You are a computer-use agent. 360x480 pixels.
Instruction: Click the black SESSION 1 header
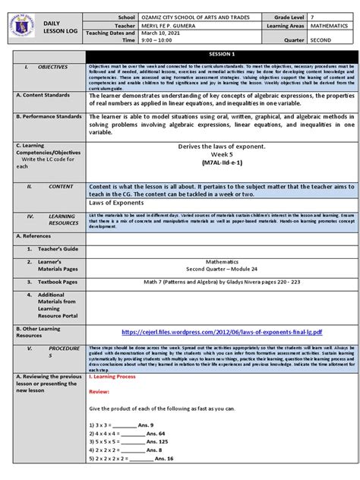[x=221, y=55]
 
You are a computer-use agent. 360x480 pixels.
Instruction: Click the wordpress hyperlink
[x=221, y=332]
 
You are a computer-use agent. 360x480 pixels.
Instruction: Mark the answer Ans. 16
[x=160, y=459]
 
